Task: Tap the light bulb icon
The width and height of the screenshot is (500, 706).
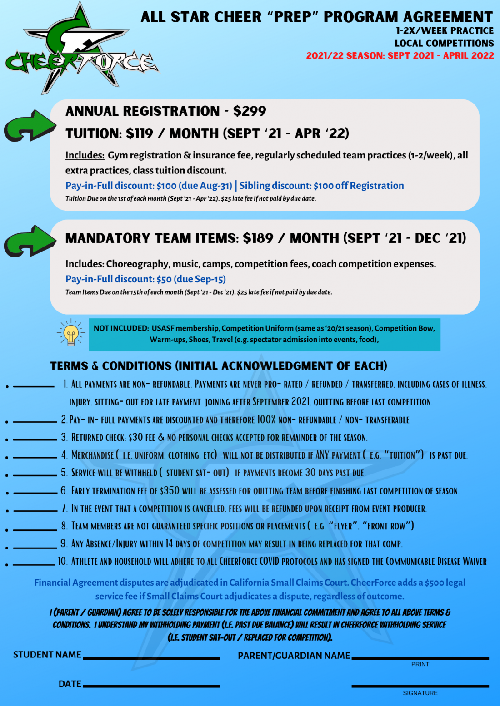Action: [x=70, y=333]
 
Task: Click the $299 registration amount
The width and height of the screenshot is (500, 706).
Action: [x=250, y=111]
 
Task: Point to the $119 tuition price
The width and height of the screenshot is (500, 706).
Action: [x=140, y=134]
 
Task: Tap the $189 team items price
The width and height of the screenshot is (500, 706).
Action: [x=258, y=238]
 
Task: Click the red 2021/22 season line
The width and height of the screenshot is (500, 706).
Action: [x=400, y=56]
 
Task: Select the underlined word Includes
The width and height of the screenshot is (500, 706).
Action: [x=85, y=155]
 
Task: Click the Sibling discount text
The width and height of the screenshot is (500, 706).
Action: [x=321, y=186]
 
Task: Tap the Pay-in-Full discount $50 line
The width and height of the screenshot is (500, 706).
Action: [x=145, y=279]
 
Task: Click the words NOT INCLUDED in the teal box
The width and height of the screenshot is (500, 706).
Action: [x=121, y=328]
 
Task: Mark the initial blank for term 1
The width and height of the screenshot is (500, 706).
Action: [x=34, y=385]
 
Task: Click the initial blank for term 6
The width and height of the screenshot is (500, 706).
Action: [x=35, y=492]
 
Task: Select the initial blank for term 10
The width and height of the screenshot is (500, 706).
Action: [x=34, y=563]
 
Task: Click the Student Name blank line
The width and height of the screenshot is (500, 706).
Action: [x=152, y=657]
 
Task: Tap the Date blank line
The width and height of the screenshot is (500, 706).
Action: [x=152, y=685]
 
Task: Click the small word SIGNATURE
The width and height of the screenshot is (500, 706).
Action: [x=420, y=693]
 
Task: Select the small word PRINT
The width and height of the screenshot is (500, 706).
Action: [x=420, y=664]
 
